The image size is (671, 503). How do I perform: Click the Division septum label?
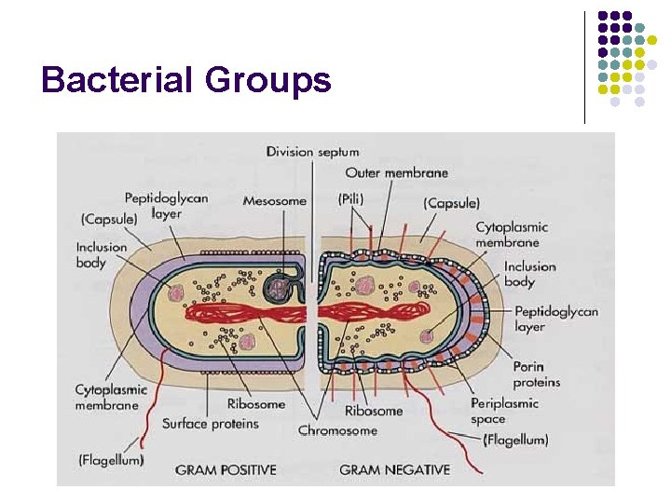312,152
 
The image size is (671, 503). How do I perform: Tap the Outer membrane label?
396,172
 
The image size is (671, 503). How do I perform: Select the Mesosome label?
274,200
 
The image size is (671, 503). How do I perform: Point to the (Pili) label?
351,199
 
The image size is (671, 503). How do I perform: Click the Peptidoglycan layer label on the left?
166,205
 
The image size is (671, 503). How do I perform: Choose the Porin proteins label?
537,374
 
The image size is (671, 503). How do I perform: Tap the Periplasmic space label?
504,412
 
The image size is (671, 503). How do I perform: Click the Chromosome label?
337,430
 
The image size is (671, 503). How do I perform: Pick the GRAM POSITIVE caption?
226,469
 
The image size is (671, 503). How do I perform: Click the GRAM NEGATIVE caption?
395,469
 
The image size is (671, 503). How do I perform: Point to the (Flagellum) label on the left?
111,459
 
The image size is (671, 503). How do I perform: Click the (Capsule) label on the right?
451,202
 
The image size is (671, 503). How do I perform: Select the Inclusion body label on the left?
101,254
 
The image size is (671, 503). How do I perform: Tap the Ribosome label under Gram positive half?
255,404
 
